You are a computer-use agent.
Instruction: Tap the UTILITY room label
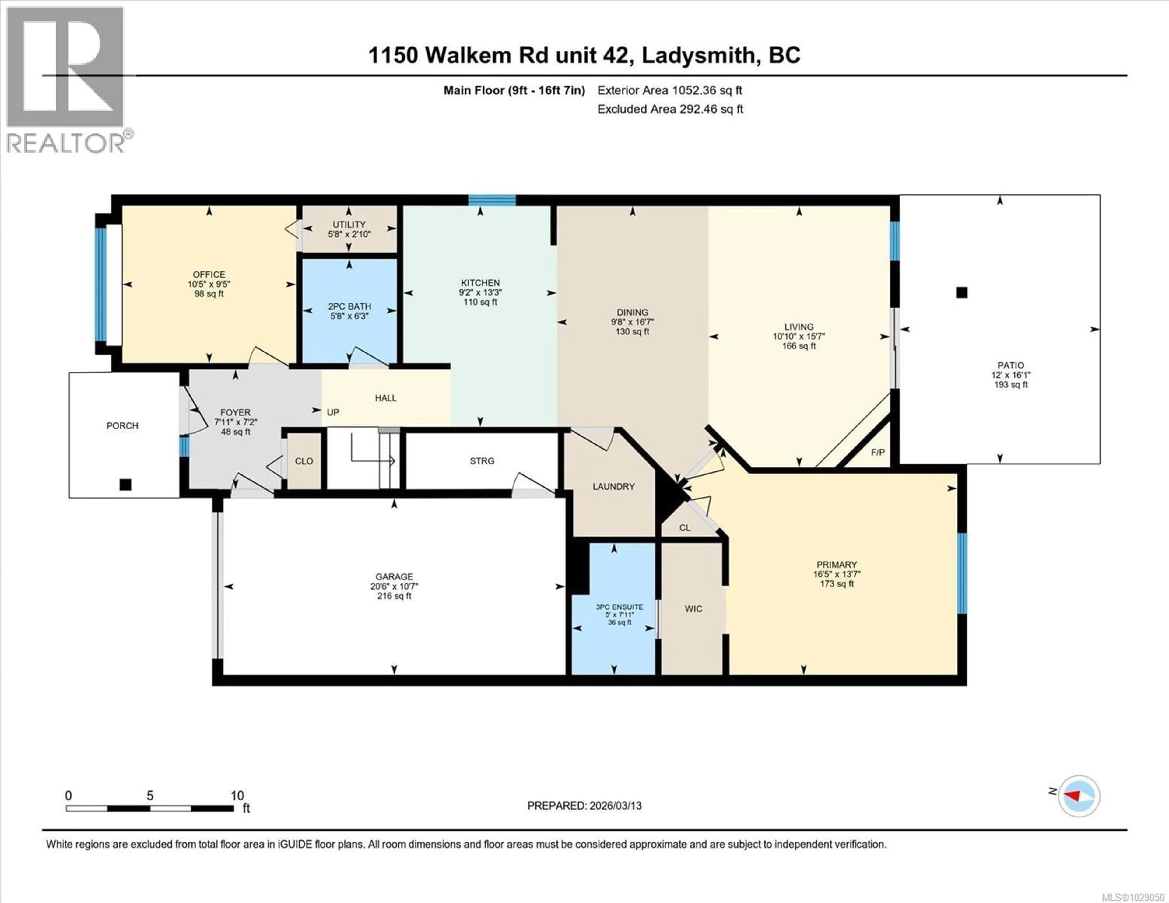click(349, 224)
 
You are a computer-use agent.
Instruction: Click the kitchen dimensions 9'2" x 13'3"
click(480, 292)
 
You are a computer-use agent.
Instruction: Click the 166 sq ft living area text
click(799, 346)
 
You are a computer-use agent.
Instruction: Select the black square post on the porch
click(125, 485)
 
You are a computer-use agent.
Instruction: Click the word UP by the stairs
click(333, 412)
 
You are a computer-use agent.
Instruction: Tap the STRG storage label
click(482, 461)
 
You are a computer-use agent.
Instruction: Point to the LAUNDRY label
click(613, 487)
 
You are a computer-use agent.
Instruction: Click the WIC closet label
click(693, 609)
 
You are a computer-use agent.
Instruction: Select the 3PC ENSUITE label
click(619, 607)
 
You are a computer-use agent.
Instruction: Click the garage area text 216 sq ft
click(394, 596)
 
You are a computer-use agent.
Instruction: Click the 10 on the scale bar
click(237, 796)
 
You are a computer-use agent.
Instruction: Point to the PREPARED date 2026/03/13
click(584, 806)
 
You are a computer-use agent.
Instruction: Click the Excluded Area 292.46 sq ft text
click(670, 109)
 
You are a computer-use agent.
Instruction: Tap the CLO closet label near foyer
click(304, 461)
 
